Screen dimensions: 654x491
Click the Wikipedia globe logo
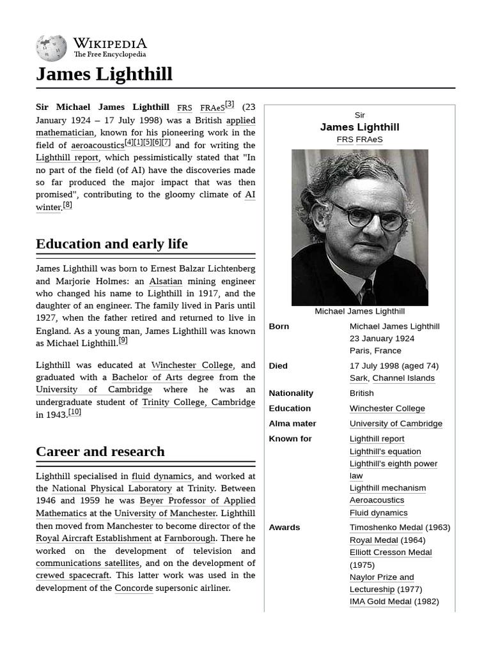51,48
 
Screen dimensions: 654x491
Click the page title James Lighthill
104,74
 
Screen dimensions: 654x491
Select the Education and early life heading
112,244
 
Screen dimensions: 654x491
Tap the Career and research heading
100,452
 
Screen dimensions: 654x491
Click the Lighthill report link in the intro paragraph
67,158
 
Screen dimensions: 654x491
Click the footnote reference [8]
67,205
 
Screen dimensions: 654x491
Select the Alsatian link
166,282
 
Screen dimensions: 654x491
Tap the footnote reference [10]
75,413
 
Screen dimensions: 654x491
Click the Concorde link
134,588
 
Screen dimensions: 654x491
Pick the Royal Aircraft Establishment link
93,538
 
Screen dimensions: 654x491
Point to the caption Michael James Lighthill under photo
359,312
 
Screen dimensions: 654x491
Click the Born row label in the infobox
279,326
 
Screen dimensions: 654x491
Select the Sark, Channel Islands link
392,378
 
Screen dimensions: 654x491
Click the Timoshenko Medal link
386,528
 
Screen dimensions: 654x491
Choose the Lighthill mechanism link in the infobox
387,488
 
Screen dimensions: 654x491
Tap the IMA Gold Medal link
380,602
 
